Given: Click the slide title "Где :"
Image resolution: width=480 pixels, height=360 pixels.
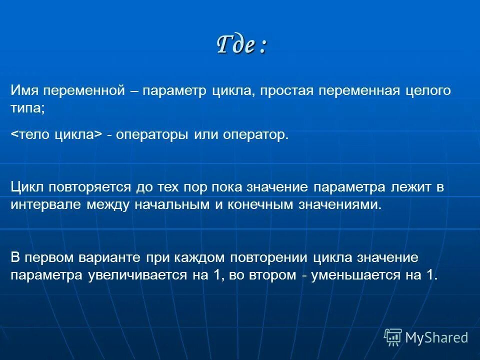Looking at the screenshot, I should [242, 45].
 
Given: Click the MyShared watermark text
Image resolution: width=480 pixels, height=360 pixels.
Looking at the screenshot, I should [436, 337].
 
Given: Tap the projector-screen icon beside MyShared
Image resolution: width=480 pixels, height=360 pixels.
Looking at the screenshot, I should [393, 337].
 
